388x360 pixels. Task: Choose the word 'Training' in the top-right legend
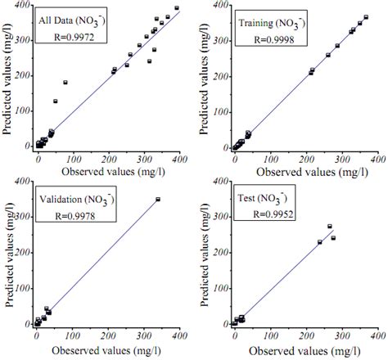click(255, 21)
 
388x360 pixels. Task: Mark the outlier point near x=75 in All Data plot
click(65, 83)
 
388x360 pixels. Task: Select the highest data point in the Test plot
click(329, 227)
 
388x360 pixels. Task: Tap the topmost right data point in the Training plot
click(365, 17)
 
